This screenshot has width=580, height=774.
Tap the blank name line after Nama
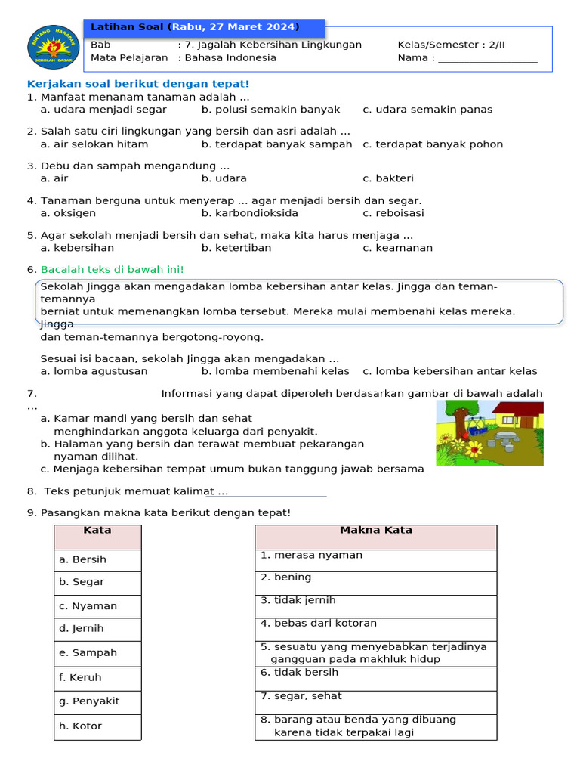click(488, 60)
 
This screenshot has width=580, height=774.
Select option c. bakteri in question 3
click(387, 179)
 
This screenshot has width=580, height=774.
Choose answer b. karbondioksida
click(239, 213)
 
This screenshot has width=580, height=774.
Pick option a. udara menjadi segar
click(103, 110)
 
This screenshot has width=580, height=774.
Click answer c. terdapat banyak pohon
click(432, 144)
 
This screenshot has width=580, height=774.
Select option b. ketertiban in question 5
click(236, 248)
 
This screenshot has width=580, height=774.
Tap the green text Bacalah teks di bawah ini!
click(112, 270)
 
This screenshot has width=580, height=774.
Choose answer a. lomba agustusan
click(94, 371)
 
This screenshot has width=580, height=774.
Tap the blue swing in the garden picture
click(475, 423)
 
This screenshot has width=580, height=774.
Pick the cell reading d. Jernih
click(97, 629)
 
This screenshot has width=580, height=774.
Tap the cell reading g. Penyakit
click(97, 701)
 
